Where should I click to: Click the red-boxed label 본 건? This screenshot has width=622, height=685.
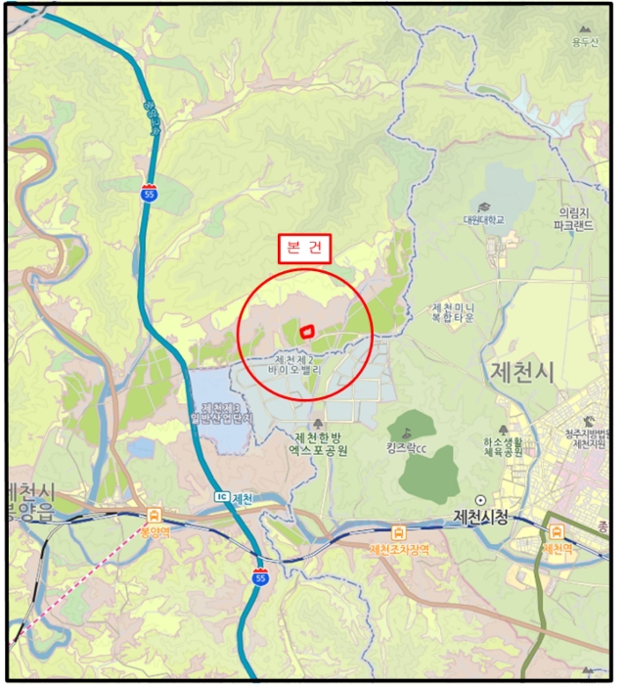point(304,249)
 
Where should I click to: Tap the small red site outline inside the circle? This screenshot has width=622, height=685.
point(306,333)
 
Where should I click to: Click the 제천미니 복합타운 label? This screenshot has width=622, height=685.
point(453,312)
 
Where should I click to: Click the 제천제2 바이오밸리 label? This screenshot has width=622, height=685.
point(298,366)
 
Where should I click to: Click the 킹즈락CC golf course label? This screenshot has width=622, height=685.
point(406,449)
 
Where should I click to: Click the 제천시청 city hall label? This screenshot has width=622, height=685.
point(482,516)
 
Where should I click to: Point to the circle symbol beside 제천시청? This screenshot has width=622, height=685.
point(481,499)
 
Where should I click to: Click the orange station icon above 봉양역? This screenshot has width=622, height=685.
point(155,515)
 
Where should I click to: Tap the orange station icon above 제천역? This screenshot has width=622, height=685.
point(557,531)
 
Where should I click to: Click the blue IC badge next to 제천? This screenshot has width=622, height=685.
point(222,498)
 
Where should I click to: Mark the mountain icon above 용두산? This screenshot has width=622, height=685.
point(585,30)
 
